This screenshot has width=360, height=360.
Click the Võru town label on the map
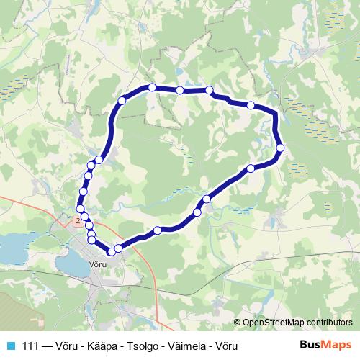coord(98,265)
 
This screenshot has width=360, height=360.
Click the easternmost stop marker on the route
coord(280,148)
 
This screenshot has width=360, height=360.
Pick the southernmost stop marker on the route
coord(112,251)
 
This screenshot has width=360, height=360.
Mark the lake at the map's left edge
coord(11,248)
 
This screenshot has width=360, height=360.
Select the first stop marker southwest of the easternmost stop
coord(251,168)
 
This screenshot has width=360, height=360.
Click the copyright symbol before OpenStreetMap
coord(238,323)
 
